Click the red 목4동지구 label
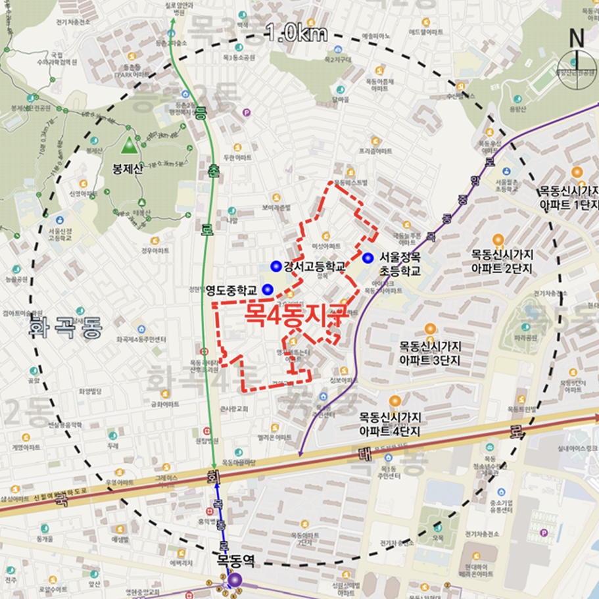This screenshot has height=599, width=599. [x=295, y=312]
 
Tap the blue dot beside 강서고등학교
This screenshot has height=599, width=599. [x=276, y=266]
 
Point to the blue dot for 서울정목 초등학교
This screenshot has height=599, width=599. [x=368, y=258]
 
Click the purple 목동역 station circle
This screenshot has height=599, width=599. [x=235, y=579]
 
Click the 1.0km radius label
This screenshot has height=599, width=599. [x=297, y=34]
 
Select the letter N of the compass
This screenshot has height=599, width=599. [x=577, y=38]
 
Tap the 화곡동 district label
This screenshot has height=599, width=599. [x=65, y=327]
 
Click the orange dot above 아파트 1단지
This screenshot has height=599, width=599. [x=577, y=172]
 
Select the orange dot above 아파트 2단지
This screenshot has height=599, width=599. [x=498, y=239]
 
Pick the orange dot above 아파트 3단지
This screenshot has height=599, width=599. [x=430, y=328]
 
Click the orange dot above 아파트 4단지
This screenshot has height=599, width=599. [x=395, y=400]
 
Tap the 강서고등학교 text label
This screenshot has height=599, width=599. [x=315, y=266]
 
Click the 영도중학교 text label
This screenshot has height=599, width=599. [x=231, y=290]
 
